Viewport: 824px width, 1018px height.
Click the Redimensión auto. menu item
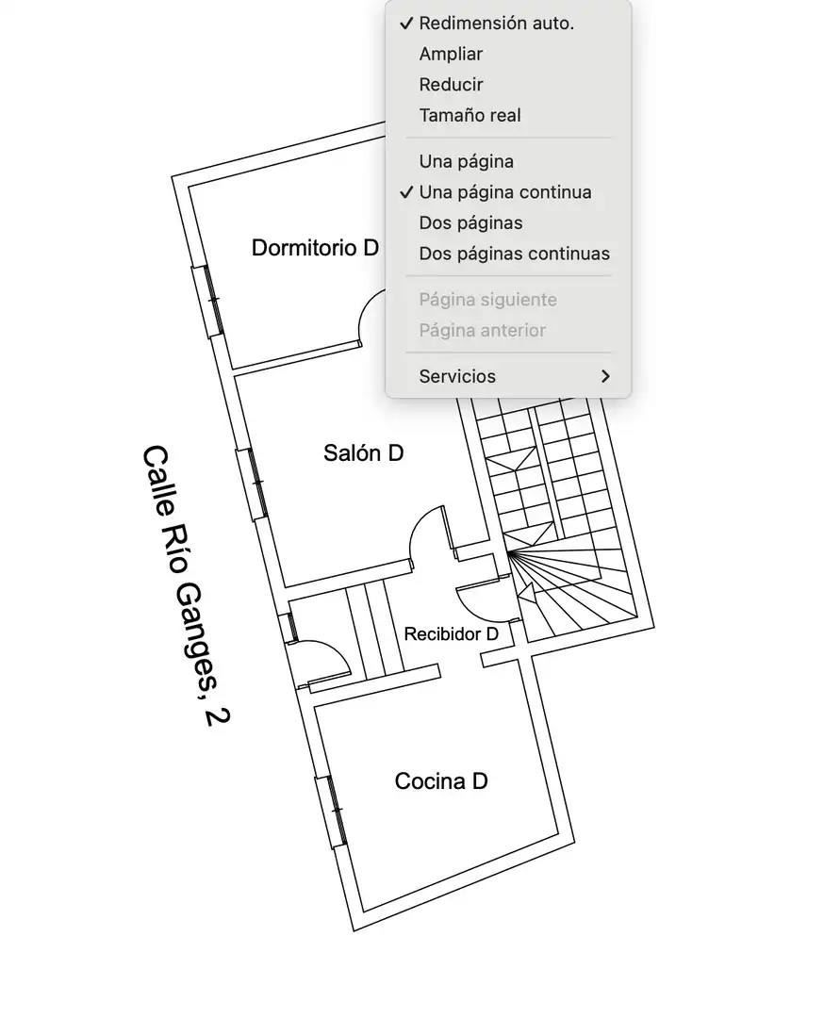click(x=496, y=24)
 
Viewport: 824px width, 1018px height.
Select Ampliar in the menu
click(x=451, y=54)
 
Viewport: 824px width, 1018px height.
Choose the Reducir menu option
click(x=451, y=85)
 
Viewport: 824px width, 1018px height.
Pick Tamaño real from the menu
click(x=470, y=115)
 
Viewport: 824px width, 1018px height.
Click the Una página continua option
click(x=504, y=192)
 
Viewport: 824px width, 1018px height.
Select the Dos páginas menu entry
click(x=470, y=222)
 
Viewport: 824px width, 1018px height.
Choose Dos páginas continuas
click(x=514, y=254)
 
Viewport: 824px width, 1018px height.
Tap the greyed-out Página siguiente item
click(x=487, y=300)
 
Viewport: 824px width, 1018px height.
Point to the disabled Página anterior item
click(x=482, y=330)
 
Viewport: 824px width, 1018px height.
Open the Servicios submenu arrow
click(x=605, y=376)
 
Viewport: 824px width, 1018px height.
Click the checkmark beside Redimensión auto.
click(x=406, y=24)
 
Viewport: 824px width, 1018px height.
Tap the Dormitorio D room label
click(x=315, y=247)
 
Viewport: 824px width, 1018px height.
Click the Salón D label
click(x=364, y=452)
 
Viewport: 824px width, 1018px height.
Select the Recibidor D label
click(x=452, y=633)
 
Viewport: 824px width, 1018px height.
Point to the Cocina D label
click(x=441, y=781)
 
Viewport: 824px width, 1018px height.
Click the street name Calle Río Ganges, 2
click(x=187, y=584)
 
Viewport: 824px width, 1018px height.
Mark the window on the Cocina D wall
click(x=331, y=812)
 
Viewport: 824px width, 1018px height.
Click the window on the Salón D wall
click(x=252, y=484)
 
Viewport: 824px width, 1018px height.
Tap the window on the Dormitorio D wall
click(x=207, y=301)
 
